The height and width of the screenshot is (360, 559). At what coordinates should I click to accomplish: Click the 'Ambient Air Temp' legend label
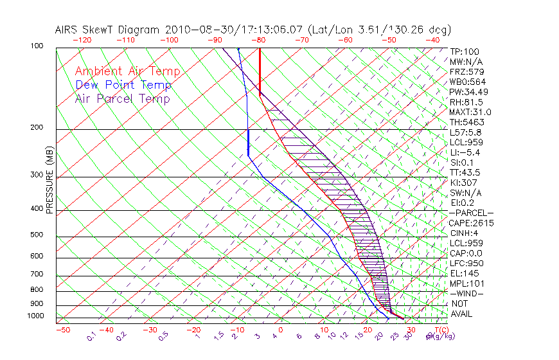click(127, 71)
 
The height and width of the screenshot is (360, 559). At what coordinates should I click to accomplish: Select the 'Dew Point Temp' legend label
click(123, 85)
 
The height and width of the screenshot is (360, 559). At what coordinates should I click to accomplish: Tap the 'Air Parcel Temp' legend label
click(122, 98)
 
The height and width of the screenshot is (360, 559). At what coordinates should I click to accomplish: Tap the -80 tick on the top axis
click(259, 40)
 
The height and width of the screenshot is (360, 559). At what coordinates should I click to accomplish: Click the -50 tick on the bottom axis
click(62, 330)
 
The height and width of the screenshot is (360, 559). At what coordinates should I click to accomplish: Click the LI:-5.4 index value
click(465, 152)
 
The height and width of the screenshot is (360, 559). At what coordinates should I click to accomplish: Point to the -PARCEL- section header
click(471, 213)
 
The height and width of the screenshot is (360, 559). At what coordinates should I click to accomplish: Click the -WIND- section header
click(466, 293)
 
